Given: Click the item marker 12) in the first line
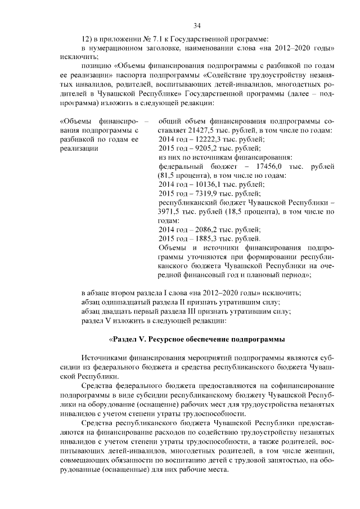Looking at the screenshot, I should (x=87, y=38).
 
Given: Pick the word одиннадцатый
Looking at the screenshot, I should (x=126, y=302).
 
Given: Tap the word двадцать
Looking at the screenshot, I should (x=126, y=312).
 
